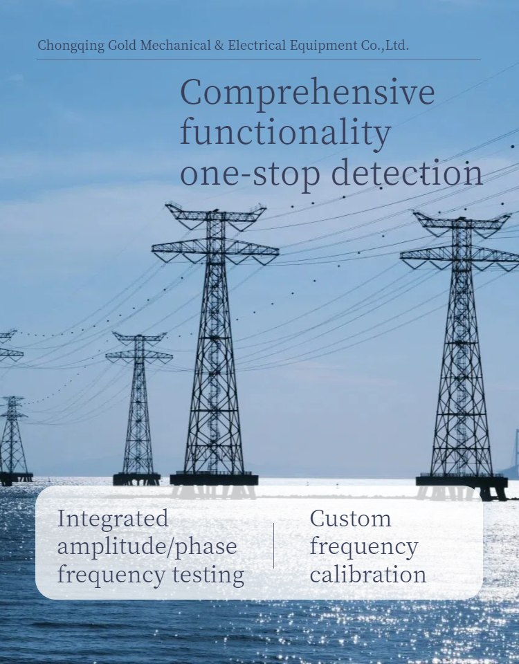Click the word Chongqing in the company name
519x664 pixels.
pos(67,46)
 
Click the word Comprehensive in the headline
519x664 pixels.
pos(307,93)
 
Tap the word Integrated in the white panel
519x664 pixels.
pos(113,519)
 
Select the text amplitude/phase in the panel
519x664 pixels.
pos(147,546)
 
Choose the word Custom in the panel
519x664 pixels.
pos(350,518)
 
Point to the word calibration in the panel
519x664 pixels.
pos(367,575)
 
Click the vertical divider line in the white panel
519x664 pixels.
pos(274,546)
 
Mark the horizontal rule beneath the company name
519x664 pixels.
pos(258,59)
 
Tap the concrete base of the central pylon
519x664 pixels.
pos(214,479)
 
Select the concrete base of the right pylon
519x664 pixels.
pos(462,481)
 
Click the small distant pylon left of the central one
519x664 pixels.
pos(139,408)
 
